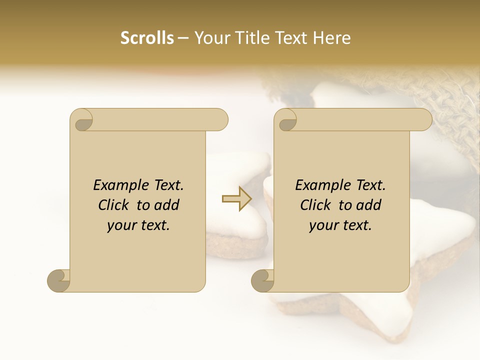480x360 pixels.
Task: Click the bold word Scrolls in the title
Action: coord(147,38)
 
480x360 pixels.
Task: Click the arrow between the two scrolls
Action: coord(237,198)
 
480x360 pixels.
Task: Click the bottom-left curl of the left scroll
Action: coord(58,280)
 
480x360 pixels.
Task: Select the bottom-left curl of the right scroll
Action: coord(262,280)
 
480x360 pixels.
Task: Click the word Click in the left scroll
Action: coord(114,205)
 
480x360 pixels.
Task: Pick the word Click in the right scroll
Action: coord(316,205)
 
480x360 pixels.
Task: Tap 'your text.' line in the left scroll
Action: coord(138,225)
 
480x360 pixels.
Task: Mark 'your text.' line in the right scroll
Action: coord(340,225)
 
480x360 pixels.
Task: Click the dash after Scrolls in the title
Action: coord(183,38)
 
